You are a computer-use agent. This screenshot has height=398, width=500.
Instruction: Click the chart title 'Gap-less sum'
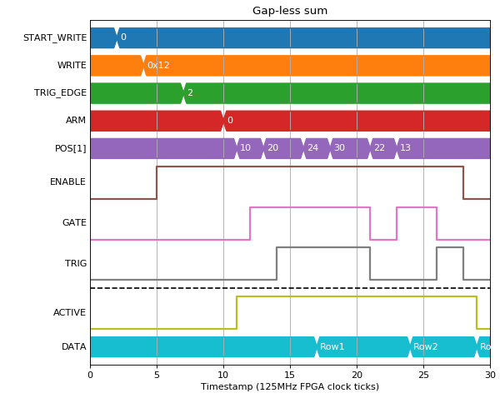290,11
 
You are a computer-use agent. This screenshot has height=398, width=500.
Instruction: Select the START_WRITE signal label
55,37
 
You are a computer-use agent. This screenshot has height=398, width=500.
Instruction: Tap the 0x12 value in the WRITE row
158,65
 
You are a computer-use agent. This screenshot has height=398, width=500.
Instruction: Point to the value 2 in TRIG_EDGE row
190,92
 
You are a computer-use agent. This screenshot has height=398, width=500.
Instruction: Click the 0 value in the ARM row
230,120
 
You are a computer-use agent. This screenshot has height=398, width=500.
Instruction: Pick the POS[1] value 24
312,147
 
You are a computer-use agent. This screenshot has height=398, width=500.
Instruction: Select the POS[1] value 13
405,147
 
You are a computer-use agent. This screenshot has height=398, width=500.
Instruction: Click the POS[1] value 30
339,147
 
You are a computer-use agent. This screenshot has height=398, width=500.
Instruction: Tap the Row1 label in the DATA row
332,346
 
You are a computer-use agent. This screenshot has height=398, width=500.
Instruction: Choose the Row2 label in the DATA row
425,346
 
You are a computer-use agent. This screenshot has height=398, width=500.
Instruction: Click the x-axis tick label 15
290,375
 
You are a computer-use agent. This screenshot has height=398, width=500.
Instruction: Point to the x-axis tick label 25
423,375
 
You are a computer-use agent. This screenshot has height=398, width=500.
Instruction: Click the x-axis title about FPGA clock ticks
290,386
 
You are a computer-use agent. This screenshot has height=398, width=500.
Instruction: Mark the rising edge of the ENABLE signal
157,182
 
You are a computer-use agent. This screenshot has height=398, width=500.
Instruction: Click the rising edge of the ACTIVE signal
237,312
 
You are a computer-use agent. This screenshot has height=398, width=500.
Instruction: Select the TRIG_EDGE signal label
60,92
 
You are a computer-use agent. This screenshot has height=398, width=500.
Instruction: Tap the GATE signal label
74,222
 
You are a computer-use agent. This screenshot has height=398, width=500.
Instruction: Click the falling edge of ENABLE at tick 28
463,182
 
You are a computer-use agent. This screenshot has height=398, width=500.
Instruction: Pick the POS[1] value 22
379,147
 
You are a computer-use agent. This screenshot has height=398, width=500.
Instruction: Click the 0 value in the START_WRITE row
123,37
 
